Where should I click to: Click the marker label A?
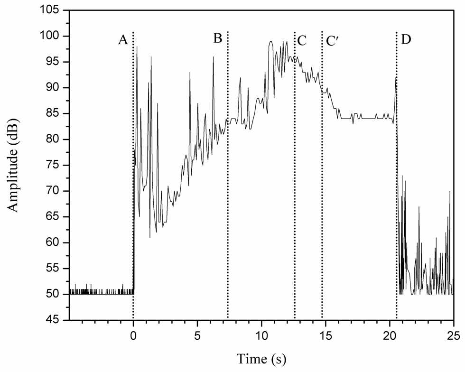point(123,39)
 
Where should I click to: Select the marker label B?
point(218,38)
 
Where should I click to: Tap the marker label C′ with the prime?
point(332,41)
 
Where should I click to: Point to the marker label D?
point(406,39)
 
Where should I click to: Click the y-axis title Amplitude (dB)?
point(13,165)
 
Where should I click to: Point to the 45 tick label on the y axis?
point(57,320)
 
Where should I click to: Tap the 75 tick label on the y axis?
point(57,165)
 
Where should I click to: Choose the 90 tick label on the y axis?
point(57,88)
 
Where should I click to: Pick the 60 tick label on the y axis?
point(57,242)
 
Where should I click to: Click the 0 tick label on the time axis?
point(133,335)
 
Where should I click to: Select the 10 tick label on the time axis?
point(261,335)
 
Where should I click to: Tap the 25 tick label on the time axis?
point(454,335)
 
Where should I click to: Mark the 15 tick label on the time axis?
point(325,335)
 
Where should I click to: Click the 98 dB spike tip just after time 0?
point(137,46)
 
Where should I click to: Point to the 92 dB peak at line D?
point(396,77)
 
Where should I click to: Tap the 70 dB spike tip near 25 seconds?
point(450,191)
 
